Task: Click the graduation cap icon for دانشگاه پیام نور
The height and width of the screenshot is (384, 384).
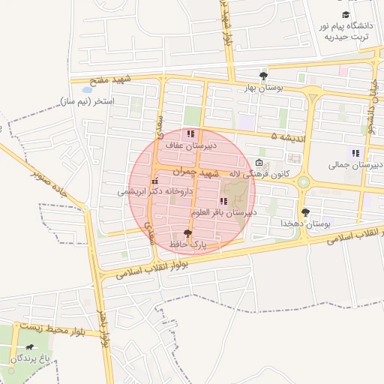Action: tap(346, 14)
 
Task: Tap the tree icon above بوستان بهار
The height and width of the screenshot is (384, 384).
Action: tap(263, 76)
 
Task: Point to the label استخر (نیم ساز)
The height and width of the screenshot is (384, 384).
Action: tap(85, 101)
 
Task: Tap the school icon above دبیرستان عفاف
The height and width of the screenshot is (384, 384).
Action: tap(190, 133)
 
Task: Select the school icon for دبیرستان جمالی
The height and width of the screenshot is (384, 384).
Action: tap(355, 153)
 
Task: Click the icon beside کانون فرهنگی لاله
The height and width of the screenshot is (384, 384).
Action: tap(259, 163)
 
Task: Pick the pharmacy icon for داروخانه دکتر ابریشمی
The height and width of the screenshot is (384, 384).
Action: tap(155, 181)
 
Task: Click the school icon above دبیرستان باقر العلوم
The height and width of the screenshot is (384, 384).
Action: tap(223, 201)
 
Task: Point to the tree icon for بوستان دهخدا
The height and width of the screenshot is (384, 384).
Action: tap(304, 212)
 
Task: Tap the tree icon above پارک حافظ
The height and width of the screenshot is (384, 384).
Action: tap(187, 233)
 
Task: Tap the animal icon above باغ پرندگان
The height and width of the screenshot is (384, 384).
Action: tap(29, 347)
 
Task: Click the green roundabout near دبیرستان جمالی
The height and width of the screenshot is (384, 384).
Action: tap(304, 181)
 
